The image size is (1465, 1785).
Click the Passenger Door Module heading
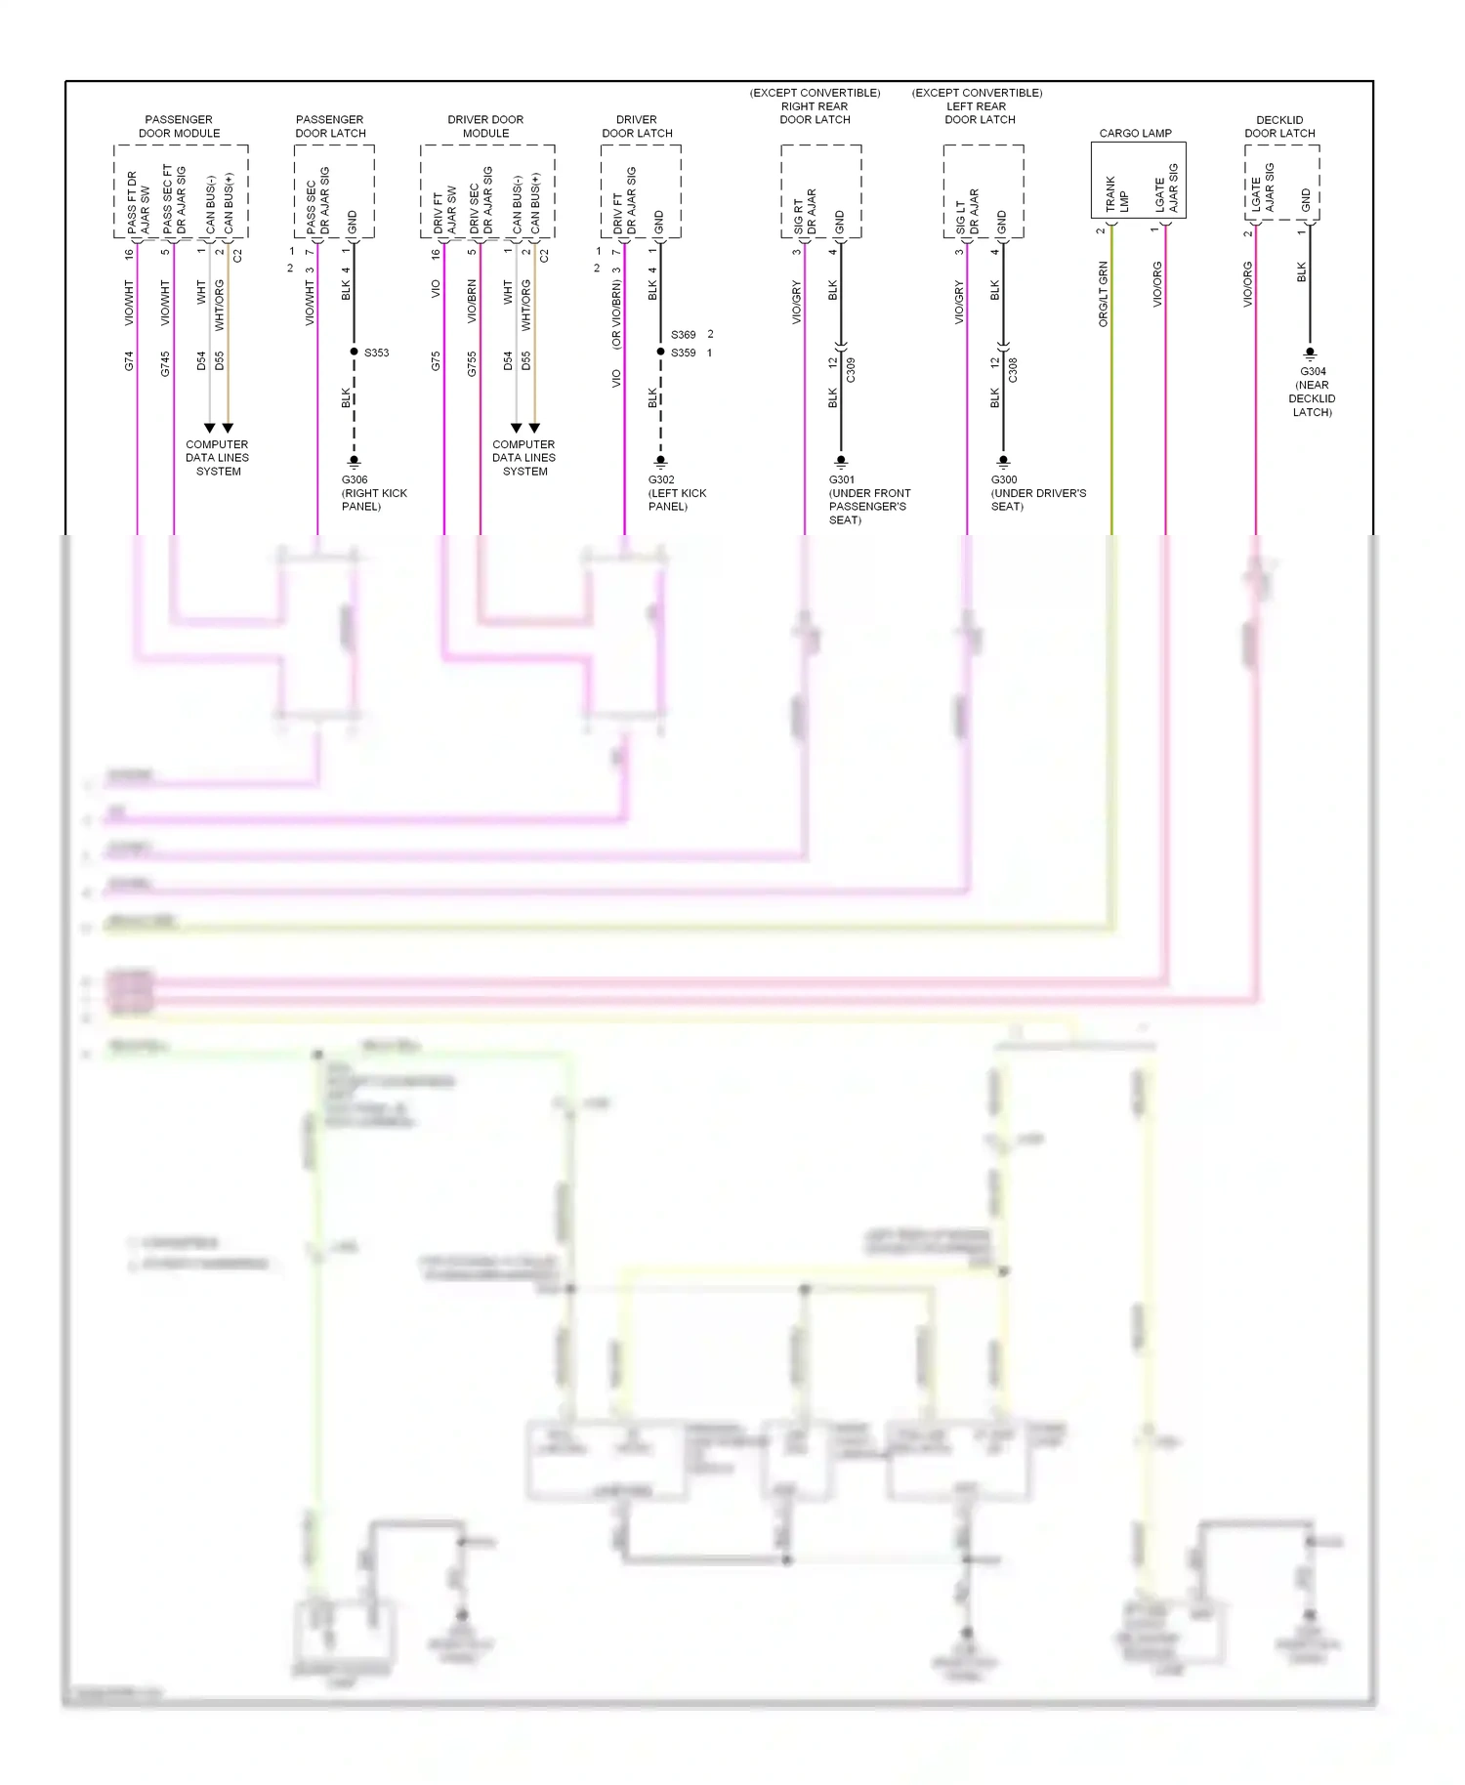[x=179, y=126]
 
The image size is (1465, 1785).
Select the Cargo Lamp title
[x=1135, y=133]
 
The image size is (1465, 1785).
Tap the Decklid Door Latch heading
[x=1279, y=126]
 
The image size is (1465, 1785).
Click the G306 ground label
[x=355, y=479]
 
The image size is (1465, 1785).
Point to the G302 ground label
[x=661, y=479]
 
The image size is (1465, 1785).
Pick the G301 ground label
[x=841, y=479]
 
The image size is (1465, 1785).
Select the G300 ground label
[x=1004, y=479]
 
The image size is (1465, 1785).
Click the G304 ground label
[x=1313, y=371]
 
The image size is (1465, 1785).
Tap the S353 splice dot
[x=354, y=352]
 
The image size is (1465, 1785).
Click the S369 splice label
[x=683, y=335]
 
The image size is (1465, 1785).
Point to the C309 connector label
[x=851, y=370]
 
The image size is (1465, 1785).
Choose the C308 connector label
[x=1013, y=370]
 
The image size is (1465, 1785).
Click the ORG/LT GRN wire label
[x=1103, y=294]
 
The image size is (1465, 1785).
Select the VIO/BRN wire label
[x=472, y=302]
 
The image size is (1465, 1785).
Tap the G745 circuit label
[x=165, y=363]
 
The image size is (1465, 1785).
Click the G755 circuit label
[x=472, y=363]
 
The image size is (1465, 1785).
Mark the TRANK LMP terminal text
[x=1116, y=194]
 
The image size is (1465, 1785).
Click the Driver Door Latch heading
[x=637, y=126]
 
